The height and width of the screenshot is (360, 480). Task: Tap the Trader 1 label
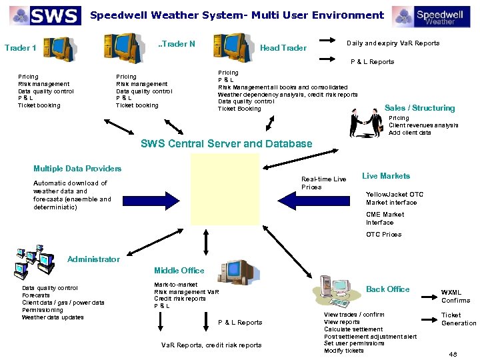point(20,47)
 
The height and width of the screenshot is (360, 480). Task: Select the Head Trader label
point(283,47)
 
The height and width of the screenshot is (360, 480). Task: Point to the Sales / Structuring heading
point(419,108)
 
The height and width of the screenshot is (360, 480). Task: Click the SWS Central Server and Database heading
point(226,143)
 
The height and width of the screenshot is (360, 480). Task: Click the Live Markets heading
point(385,176)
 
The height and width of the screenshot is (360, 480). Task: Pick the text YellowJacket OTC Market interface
point(394,199)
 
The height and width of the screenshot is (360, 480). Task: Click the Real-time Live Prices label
point(323,183)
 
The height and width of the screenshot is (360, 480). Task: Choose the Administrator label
point(93,259)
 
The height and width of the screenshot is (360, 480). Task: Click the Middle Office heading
point(179,270)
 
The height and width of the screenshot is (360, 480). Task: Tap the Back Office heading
point(388,289)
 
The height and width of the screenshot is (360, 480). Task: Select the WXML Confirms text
point(455,296)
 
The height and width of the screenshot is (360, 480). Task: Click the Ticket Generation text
point(459,319)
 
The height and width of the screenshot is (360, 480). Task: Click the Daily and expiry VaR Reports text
point(393,43)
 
